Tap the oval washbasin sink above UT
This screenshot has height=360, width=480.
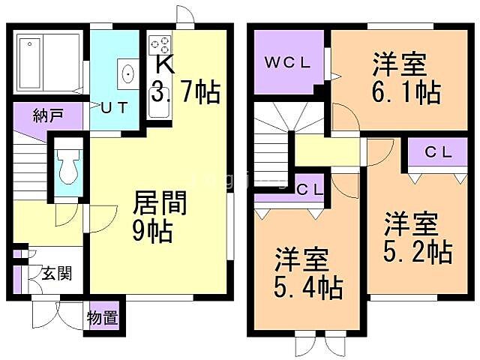(127, 74)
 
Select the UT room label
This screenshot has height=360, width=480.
(115, 107)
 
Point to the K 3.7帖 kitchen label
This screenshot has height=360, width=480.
(184, 81)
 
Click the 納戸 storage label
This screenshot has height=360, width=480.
(47, 115)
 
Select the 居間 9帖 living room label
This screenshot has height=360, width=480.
(158, 216)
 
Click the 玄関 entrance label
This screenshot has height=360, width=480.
(56, 274)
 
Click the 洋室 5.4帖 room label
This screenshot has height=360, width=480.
(307, 273)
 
